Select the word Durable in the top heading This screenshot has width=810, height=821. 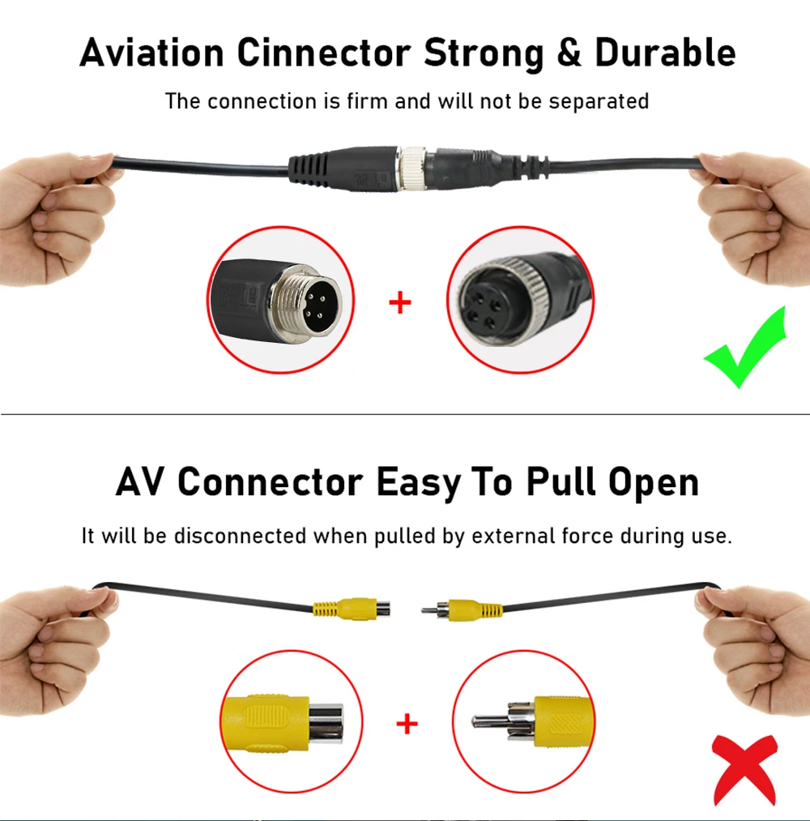(665, 53)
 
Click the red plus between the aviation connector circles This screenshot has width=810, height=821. (400, 303)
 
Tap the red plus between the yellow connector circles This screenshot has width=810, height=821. (407, 724)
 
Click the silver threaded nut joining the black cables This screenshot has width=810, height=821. (414, 168)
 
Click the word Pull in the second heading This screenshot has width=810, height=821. (560, 482)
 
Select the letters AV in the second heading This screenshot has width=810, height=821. (141, 482)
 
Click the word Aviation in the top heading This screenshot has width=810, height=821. (152, 53)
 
